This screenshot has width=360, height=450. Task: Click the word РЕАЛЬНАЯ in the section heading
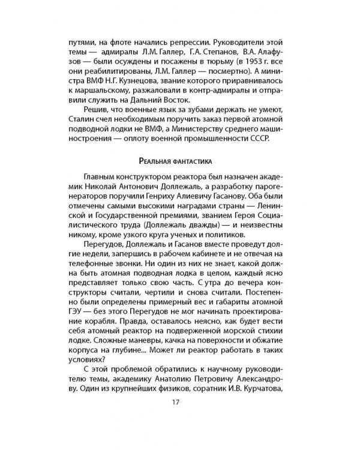(157, 161)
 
